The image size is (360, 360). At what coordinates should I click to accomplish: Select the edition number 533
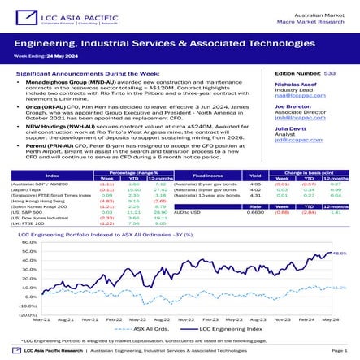coord(329,73)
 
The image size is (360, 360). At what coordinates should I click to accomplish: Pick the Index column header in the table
coord(52,176)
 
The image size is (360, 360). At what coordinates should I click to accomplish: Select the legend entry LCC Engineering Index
coord(231,329)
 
